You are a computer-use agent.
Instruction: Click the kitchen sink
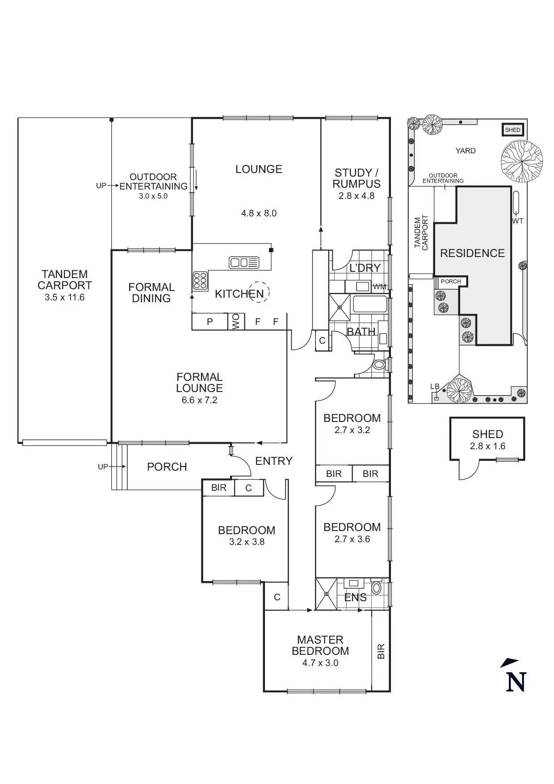(x=243, y=262)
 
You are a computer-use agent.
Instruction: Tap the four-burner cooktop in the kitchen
(x=200, y=280)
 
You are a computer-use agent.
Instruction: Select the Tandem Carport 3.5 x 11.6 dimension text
(x=64, y=297)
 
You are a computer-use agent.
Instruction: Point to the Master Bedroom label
(x=320, y=645)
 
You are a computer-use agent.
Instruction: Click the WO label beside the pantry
(x=236, y=321)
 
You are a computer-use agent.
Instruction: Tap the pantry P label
(x=210, y=321)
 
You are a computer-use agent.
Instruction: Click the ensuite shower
(x=327, y=594)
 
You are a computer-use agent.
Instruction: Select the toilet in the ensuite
(x=376, y=588)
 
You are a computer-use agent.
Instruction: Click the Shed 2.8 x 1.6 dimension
(x=487, y=446)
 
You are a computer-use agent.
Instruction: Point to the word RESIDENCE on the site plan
(x=472, y=253)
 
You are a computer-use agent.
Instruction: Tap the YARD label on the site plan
(x=466, y=151)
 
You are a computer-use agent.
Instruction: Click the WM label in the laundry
(x=379, y=287)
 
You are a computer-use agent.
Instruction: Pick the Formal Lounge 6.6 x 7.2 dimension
(x=199, y=400)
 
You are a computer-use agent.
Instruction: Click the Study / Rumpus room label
(x=356, y=178)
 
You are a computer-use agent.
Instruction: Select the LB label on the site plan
(x=435, y=386)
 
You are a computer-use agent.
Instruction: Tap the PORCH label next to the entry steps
(x=167, y=467)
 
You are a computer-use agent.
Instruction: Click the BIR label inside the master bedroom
(x=381, y=651)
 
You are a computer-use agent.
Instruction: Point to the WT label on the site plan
(x=518, y=221)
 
